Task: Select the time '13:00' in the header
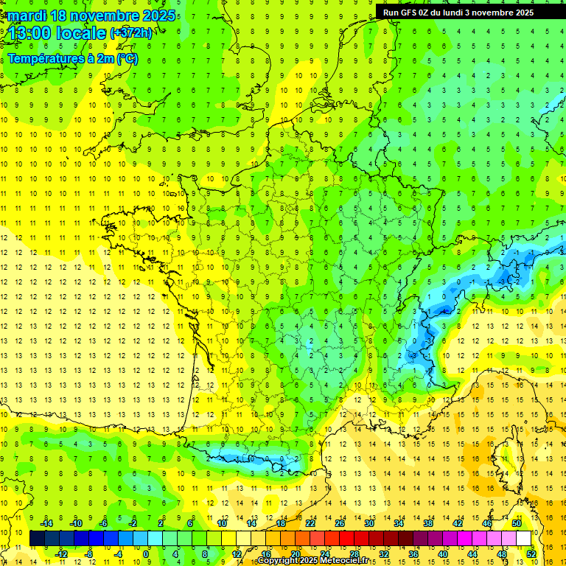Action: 29,32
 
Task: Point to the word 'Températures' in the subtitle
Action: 43,58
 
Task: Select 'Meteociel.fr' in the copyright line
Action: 345,561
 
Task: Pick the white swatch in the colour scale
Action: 524,539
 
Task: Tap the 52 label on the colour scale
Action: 531,553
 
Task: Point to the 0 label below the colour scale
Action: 146,553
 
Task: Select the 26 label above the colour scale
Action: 340,523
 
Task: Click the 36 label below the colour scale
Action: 413,553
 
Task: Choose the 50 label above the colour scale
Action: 517,523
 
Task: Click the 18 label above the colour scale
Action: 281,523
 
